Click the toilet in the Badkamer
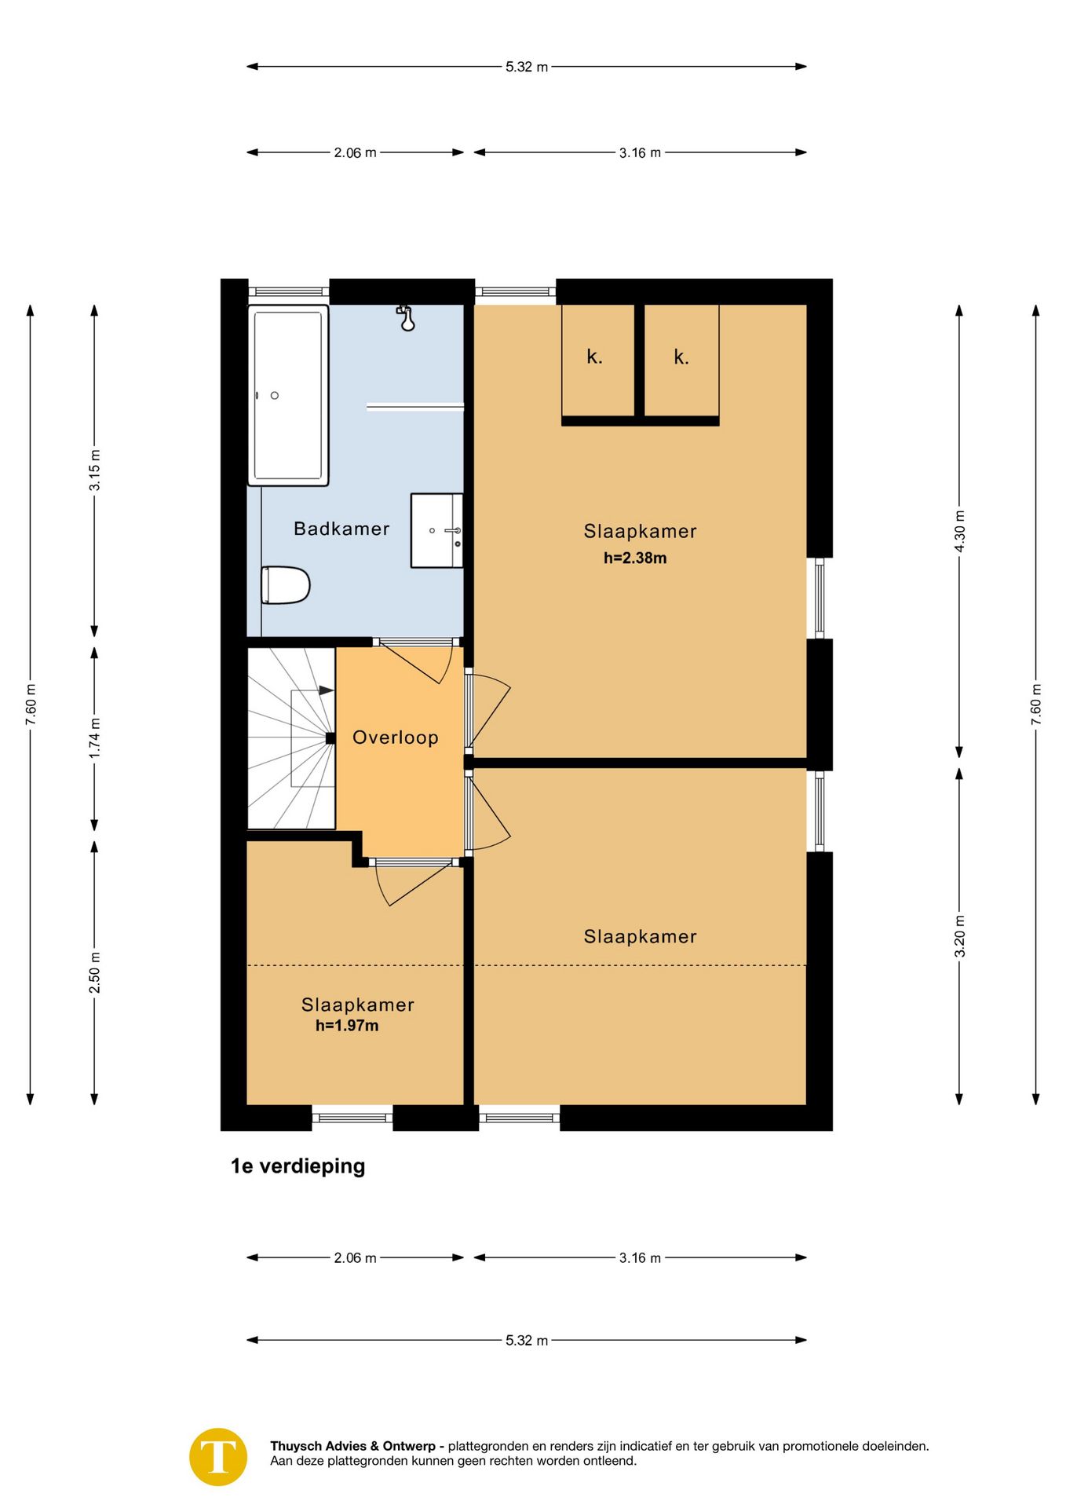pyautogui.click(x=286, y=585)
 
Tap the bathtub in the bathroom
pyautogui.click(x=288, y=395)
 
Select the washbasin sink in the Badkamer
pyautogui.click(x=437, y=530)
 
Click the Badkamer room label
pyautogui.click(x=341, y=529)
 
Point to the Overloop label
pyautogui.click(x=396, y=738)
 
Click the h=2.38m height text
pyautogui.click(x=635, y=558)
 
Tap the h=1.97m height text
pyautogui.click(x=347, y=1026)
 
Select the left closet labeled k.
pyautogui.click(x=598, y=361)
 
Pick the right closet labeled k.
pyautogui.click(x=681, y=361)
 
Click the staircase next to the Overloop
pyautogui.click(x=291, y=738)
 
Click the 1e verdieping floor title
pyautogui.click(x=298, y=1166)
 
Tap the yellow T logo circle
pyautogui.click(x=218, y=1457)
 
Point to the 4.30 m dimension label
pyautogui.click(x=959, y=531)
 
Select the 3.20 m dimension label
pyautogui.click(x=959, y=936)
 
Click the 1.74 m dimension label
pyautogui.click(x=94, y=738)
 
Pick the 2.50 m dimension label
pyautogui.click(x=94, y=972)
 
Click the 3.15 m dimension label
pyautogui.click(x=94, y=470)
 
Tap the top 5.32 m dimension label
pyautogui.click(x=527, y=67)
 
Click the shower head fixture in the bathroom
pyautogui.click(x=406, y=318)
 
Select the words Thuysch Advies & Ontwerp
pyautogui.click(x=352, y=1446)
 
